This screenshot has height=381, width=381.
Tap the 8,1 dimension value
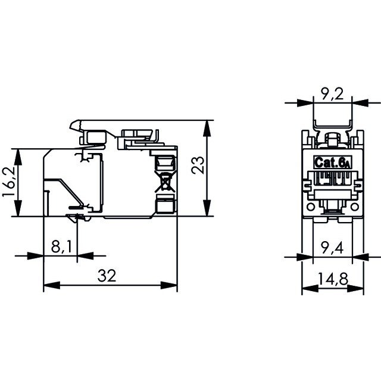pyautogui.click(x=60, y=245)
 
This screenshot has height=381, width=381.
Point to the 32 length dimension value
pyautogui.click(x=107, y=275)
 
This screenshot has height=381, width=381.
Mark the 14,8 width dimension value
pyautogui.click(x=331, y=279)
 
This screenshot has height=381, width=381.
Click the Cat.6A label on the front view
pyautogui.click(x=331, y=162)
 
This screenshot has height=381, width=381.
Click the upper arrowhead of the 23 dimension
pyautogui.click(x=207, y=125)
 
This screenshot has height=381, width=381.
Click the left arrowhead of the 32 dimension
pyautogui.click(x=49, y=286)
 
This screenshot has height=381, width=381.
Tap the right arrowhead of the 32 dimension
pyautogui.click(x=173, y=286)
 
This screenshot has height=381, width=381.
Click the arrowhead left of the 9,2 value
pyautogui.click(x=308, y=102)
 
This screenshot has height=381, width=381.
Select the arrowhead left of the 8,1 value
pyautogui.click(x=39, y=257)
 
